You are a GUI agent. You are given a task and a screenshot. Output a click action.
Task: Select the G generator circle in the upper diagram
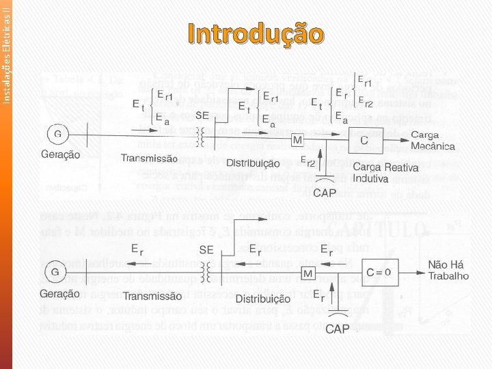(58, 133)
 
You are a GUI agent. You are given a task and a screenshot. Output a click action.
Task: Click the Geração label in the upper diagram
(59, 154)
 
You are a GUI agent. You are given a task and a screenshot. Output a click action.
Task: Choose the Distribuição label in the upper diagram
(253, 163)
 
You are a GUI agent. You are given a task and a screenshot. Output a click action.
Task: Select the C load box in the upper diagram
(364, 141)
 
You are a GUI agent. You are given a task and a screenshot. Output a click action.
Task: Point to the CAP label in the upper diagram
(325, 193)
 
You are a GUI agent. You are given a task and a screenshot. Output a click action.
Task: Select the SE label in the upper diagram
(202, 115)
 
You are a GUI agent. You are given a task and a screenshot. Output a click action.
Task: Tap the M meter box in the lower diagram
(309, 273)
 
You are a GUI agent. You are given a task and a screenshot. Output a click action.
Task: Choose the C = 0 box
(380, 273)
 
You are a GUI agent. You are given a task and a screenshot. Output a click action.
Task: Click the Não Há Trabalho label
(448, 271)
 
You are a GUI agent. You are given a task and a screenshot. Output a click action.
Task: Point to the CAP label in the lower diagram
(339, 329)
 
